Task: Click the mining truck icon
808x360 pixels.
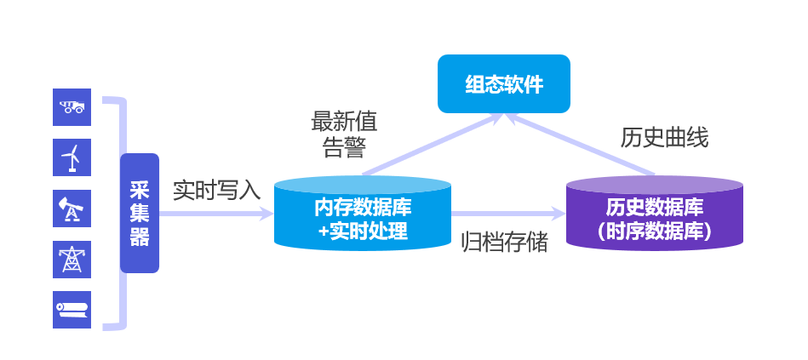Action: [72, 106]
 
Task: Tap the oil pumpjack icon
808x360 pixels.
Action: [72, 208]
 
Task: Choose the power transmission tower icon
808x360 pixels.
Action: [72, 259]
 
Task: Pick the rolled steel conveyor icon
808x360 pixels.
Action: [72, 309]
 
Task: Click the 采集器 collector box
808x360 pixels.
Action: [140, 213]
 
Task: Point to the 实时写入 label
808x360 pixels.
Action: [216, 190]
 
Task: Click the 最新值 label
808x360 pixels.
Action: [345, 119]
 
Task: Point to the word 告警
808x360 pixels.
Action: [345, 147]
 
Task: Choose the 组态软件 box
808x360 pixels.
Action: [503, 84]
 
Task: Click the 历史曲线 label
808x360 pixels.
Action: [664, 138]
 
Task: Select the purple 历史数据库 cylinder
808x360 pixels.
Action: [655, 213]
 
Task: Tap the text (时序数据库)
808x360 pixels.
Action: [655, 230]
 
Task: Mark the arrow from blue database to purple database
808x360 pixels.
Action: [507, 214]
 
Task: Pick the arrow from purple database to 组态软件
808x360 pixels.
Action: [587, 145]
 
